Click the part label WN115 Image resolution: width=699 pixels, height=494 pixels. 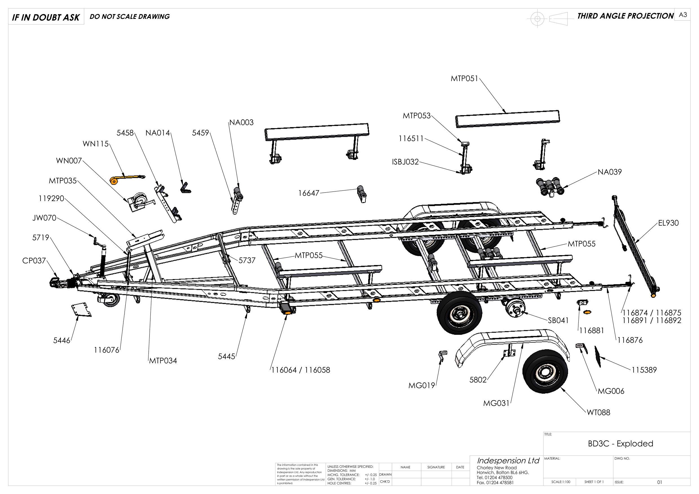point(95,144)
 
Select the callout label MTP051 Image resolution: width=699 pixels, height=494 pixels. point(465,79)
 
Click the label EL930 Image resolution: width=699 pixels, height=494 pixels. point(668,223)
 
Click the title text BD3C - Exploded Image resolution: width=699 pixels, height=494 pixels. point(620,444)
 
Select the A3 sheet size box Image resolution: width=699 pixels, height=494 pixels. point(683,15)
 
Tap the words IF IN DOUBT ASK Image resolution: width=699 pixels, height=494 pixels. point(46,18)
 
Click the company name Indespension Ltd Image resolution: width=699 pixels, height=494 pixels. point(508,460)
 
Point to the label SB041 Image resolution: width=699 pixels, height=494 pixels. point(558,321)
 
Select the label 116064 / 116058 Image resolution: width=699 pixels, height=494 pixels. point(301,370)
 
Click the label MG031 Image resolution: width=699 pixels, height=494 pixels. point(496,403)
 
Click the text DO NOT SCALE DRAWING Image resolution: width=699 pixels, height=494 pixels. point(129,17)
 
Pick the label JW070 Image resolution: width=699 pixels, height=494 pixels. point(44,218)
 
